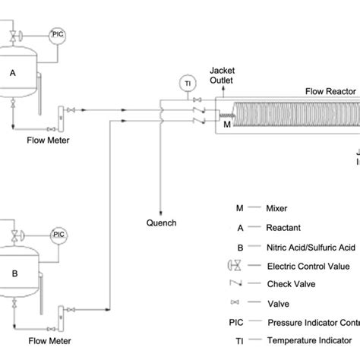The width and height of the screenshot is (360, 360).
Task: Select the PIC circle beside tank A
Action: click(58, 34)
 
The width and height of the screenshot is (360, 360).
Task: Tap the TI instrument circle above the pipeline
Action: click(187, 82)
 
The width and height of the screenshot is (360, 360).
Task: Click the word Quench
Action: click(161, 223)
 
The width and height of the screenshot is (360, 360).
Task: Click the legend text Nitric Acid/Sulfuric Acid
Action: click(311, 245)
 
